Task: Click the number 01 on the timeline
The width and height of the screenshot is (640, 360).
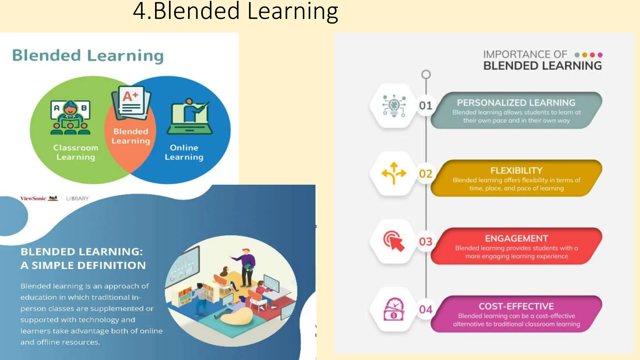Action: tap(426, 106)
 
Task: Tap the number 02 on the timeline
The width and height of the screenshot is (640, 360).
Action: tap(426, 173)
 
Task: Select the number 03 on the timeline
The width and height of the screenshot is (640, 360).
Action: tap(426, 242)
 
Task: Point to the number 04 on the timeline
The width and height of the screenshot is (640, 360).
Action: tap(426, 309)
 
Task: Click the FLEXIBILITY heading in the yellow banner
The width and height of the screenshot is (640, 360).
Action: tap(516, 171)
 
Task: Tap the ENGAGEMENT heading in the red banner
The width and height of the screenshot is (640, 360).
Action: tap(516, 238)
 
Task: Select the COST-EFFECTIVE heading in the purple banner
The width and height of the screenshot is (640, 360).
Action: tap(516, 306)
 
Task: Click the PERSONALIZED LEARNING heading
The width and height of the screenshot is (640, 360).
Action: tap(516, 102)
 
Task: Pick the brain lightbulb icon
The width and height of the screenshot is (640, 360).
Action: tap(394, 106)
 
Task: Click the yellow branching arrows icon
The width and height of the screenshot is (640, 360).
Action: tap(394, 173)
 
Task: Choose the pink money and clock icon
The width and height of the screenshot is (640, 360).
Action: tap(394, 309)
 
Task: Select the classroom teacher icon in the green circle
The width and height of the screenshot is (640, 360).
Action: tap(70, 117)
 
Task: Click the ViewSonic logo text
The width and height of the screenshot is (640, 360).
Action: tap(33, 198)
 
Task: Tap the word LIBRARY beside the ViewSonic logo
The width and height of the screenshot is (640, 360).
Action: tap(77, 198)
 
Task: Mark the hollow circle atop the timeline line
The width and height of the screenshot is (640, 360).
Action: tap(426, 74)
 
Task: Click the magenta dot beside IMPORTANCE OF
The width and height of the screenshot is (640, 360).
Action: tap(600, 55)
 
